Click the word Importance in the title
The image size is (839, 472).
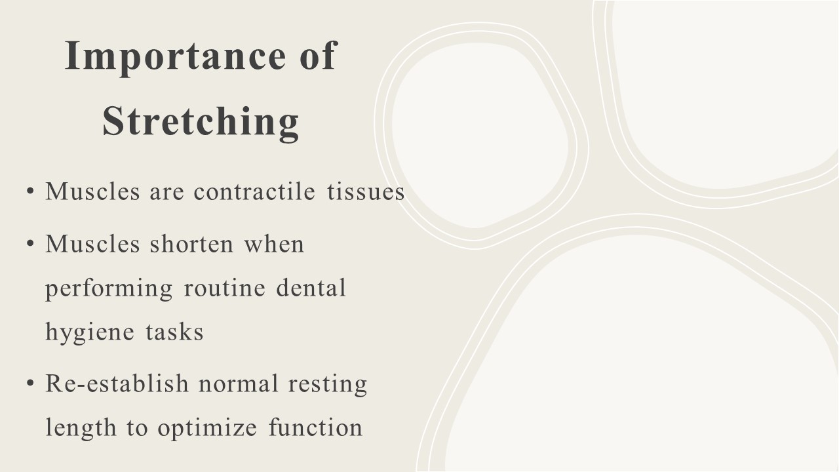175,56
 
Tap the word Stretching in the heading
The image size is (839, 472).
201,122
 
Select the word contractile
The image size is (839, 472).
254,191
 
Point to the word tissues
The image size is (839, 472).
366,191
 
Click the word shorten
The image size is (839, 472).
192,244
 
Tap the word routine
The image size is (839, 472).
225,288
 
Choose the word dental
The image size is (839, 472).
311,288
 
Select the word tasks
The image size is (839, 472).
174,332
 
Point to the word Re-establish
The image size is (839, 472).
117,383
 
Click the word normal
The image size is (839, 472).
238,383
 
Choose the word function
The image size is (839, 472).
316,427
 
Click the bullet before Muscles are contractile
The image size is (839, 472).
30,191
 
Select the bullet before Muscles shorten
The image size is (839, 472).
30,243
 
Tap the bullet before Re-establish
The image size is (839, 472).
30,383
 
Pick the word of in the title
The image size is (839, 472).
319,56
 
